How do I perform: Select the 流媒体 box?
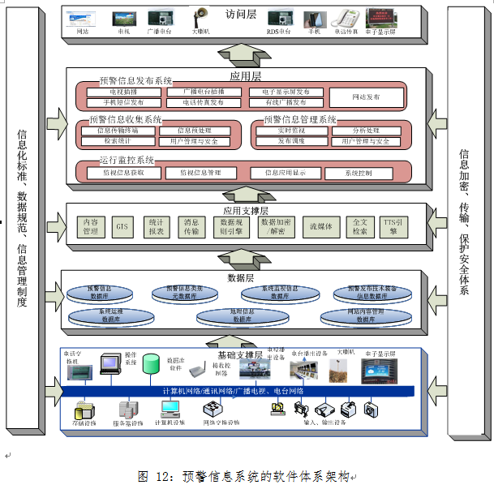[320, 225]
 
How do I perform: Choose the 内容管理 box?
[90, 225]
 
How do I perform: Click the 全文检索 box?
[358, 225]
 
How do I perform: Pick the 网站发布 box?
[366, 97]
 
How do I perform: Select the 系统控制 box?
[359, 173]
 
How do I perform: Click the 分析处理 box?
[366, 131]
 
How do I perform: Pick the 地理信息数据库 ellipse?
[243, 316]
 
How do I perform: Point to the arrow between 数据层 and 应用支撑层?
[243, 258]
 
